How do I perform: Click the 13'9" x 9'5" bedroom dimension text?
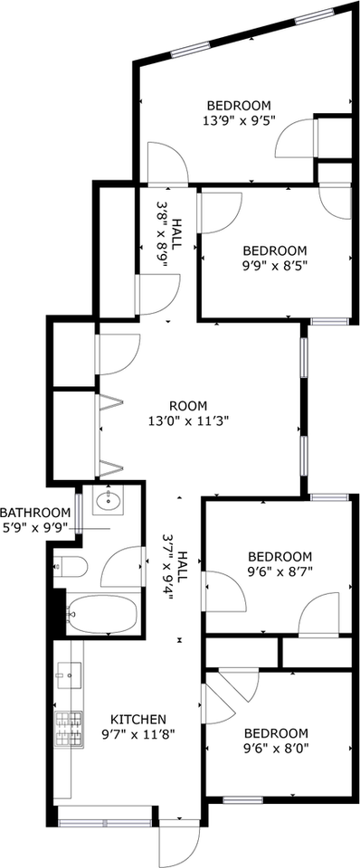click(x=239, y=118)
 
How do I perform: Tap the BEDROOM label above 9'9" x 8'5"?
click(x=275, y=250)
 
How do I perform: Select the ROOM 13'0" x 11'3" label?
click(x=187, y=406)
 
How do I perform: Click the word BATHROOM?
click(x=35, y=513)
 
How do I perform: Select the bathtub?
click(x=102, y=616)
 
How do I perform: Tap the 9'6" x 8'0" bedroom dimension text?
click(x=275, y=749)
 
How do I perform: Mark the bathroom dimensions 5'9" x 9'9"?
click(x=35, y=527)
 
